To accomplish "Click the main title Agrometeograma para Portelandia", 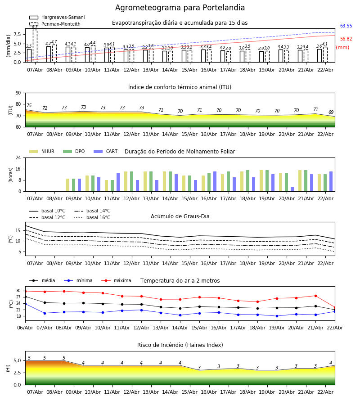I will click(x=180, y=8).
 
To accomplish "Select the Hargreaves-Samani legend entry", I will click(x=57, y=18).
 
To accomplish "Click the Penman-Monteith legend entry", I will click(x=54, y=24).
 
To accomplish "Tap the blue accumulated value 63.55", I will click(x=346, y=26).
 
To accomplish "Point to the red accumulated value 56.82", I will click(x=346, y=39).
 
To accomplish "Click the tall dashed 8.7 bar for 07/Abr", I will click(x=35, y=45).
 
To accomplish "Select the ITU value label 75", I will click(x=29, y=106).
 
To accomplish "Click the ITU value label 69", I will click(x=331, y=112).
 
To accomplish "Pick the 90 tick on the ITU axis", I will click(x=18, y=93).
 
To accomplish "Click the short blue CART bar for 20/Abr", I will click(x=292, y=189).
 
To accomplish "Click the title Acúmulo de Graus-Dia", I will click(x=180, y=216).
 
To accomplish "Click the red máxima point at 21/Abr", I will click(x=315, y=296).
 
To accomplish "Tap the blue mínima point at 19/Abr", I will click(x=277, y=316).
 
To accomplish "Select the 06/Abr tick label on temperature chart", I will click(x=25, y=327).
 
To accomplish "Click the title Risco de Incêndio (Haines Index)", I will click(x=180, y=345).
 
